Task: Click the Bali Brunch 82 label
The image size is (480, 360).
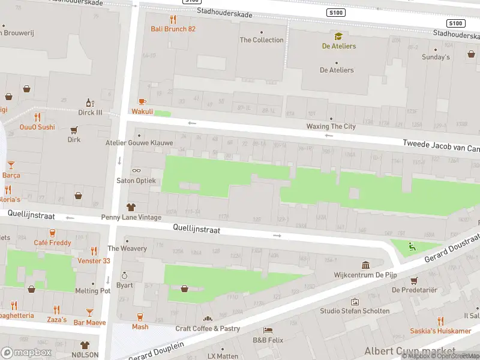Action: (173, 29)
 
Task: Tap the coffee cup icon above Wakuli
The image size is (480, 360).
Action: (142, 101)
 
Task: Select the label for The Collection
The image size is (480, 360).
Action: (262, 40)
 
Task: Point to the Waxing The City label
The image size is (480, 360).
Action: (331, 127)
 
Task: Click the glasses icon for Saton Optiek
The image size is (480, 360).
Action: (136, 171)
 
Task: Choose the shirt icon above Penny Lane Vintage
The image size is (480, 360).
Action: (131, 207)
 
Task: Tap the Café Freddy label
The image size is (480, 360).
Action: (52, 243)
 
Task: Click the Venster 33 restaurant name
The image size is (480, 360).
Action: (94, 261)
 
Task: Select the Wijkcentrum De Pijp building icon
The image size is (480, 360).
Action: (365, 265)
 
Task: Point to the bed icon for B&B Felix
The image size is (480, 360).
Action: (268, 331)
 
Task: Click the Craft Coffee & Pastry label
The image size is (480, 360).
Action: (208, 329)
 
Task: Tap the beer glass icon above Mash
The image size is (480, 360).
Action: (140, 317)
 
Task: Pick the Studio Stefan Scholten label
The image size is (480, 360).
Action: (355, 311)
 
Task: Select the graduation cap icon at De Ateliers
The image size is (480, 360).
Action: (338, 37)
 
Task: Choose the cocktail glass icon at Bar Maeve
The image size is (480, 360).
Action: (89, 312)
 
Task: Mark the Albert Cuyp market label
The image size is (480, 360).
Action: (409, 351)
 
